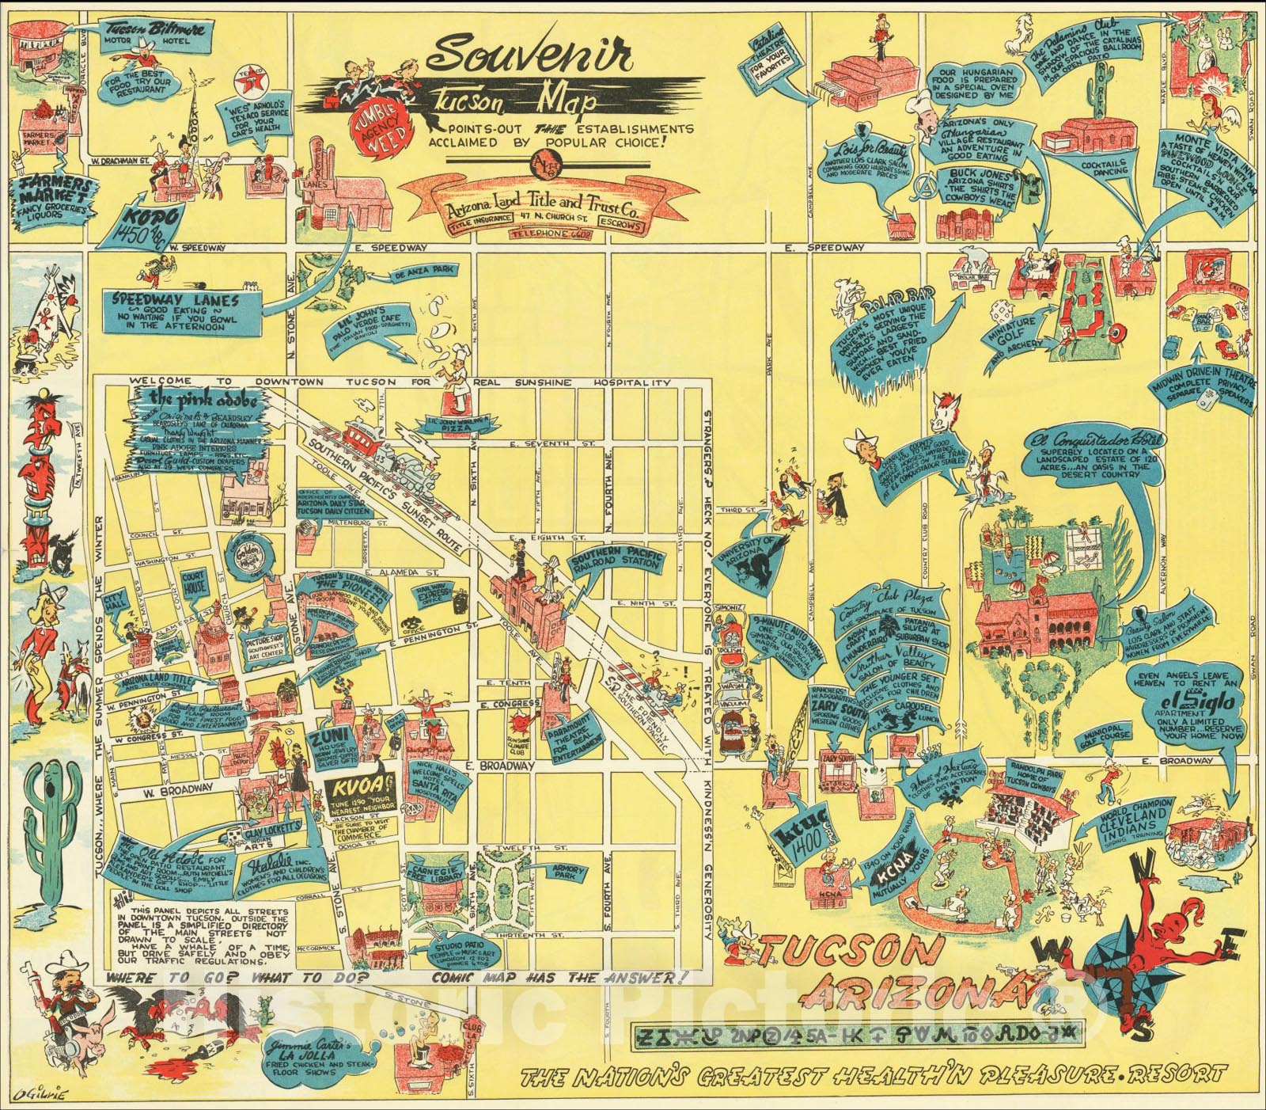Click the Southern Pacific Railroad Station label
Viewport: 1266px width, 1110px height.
pyautogui.click(x=620, y=560)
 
